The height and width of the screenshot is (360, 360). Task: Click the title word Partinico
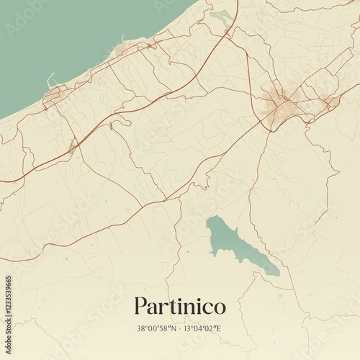(179, 307)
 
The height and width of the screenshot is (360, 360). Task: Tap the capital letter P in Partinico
(140, 306)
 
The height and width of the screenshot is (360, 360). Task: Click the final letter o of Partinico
(219, 308)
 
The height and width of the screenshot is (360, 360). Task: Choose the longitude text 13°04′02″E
(203, 328)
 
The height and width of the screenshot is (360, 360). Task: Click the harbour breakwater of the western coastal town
(50, 79)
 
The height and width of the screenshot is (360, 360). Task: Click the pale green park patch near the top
(222, 17)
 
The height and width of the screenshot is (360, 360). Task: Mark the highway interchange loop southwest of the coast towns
(72, 143)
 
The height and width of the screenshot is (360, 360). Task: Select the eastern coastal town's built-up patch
(130, 49)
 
